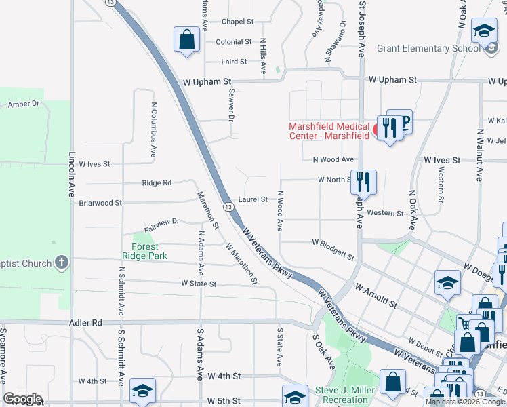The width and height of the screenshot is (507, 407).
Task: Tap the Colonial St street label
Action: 234,42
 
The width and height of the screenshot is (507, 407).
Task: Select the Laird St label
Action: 233,62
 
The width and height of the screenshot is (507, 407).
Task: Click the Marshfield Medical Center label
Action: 329,130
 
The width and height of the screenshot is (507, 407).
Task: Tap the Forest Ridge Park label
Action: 140,251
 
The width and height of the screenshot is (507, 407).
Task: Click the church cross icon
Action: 62,262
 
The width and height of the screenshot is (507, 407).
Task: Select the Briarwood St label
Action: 100,203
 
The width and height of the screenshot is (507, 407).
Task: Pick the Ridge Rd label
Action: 157,183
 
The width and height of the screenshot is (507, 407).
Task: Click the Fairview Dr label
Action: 161,221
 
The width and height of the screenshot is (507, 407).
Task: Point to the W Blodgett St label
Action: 333,250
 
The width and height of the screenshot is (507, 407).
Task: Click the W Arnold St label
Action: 373,296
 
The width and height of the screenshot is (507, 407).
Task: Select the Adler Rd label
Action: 85,323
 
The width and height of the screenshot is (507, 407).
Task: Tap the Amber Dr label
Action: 24,104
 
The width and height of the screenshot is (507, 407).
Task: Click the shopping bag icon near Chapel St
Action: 186,39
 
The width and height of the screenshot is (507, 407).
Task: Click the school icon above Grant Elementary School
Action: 484,31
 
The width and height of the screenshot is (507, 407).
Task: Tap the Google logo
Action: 23,399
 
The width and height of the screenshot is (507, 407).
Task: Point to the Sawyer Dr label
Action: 231,105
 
